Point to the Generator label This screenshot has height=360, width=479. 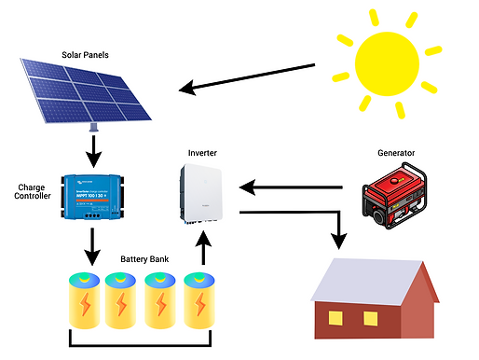coord(395,152)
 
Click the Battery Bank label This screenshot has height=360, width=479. coord(144,258)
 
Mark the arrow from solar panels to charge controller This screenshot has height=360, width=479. coord(92,146)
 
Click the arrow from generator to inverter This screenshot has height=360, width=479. coord(298,187)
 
